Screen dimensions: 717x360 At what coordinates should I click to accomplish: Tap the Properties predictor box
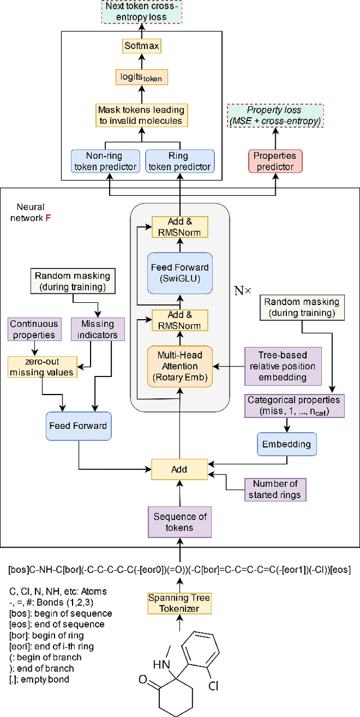click(276, 161)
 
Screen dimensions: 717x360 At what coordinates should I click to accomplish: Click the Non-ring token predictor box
click(103, 161)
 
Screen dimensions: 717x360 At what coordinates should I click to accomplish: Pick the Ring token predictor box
click(179, 161)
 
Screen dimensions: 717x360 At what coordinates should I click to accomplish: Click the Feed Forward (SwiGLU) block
click(180, 272)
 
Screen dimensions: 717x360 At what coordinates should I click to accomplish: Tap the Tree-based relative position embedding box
click(282, 366)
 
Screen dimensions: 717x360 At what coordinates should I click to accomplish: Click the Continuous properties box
click(33, 330)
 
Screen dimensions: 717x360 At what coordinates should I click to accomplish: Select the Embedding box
click(286, 444)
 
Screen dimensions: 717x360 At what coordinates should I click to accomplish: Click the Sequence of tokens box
click(179, 522)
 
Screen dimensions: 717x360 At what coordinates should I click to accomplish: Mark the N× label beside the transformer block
click(242, 292)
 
